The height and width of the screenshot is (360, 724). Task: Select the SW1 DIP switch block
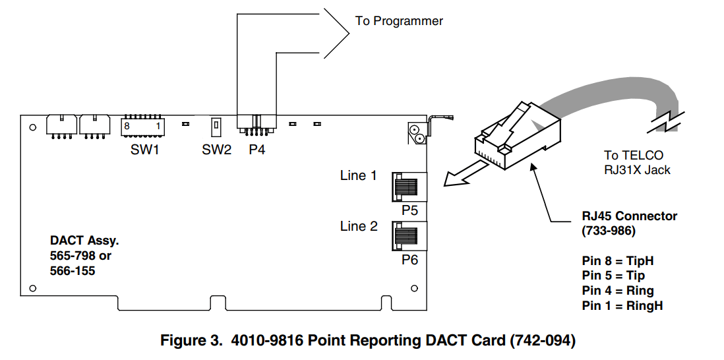click(142, 125)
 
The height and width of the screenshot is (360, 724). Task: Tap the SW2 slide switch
click(216, 125)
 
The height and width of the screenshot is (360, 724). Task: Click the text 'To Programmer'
click(399, 21)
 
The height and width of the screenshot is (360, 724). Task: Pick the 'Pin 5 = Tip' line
click(613, 276)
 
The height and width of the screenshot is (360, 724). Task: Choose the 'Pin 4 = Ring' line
click(618, 291)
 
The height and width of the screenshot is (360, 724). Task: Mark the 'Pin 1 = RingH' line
click(622, 306)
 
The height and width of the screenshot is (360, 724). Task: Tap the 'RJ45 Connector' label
click(630, 216)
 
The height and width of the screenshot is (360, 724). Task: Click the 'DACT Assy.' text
click(84, 241)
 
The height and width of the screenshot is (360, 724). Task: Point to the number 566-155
click(73, 270)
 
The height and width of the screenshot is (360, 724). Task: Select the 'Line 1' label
click(358, 175)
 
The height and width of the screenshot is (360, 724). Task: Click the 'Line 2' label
click(359, 226)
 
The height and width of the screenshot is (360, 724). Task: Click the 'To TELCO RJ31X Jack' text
click(637, 163)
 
